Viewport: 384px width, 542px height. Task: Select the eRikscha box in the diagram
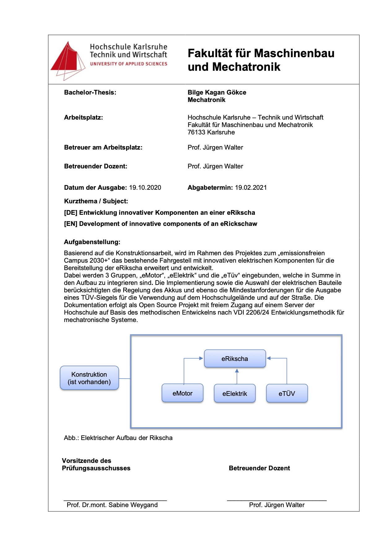click(235, 358)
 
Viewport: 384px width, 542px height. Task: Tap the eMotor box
click(182, 393)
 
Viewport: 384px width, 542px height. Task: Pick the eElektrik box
click(235, 393)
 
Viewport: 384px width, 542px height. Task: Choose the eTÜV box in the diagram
click(287, 393)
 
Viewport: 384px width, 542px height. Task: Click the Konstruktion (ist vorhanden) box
click(89, 378)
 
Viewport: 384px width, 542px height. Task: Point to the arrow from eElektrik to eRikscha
click(237, 376)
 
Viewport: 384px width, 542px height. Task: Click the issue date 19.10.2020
click(145, 188)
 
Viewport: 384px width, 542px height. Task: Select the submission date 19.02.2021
click(251, 188)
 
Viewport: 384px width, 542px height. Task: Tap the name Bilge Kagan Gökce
click(217, 92)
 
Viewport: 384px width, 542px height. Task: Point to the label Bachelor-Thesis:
click(90, 92)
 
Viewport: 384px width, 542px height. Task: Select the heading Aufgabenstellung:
click(92, 242)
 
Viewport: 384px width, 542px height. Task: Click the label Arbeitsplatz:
click(83, 117)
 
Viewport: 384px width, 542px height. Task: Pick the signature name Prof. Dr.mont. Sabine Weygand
click(112, 505)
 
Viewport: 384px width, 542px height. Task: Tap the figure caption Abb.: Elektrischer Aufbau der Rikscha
click(118, 438)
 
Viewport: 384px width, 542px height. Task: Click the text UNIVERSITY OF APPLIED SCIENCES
click(129, 64)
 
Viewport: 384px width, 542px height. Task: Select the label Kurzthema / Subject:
click(96, 201)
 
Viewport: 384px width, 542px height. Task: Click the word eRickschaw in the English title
click(238, 224)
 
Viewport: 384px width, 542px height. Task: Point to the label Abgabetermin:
click(210, 188)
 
